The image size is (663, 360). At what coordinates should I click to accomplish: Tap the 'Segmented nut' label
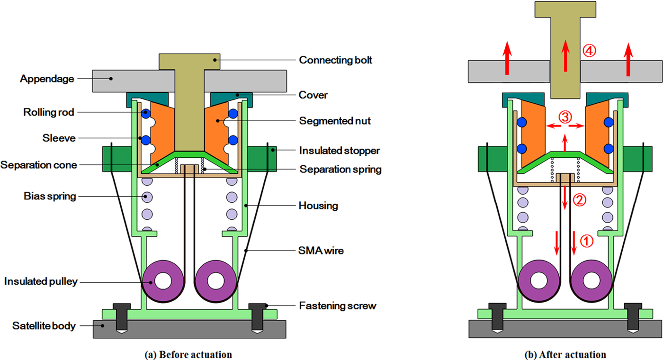pyautogui.click(x=335, y=121)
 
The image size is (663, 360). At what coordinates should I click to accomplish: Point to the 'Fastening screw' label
pyautogui.click(x=338, y=306)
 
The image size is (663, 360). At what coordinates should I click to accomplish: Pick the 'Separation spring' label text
pyautogui.click(x=340, y=169)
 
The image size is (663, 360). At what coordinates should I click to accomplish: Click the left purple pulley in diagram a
pyautogui.click(x=163, y=280)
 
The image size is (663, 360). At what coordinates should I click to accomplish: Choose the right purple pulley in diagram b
pyautogui.click(x=591, y=280)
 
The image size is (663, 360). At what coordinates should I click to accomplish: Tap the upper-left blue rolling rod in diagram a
pyautogui.click(x=146, y=114)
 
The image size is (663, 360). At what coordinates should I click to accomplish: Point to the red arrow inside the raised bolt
pyautogui.click(x=564, y=56)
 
